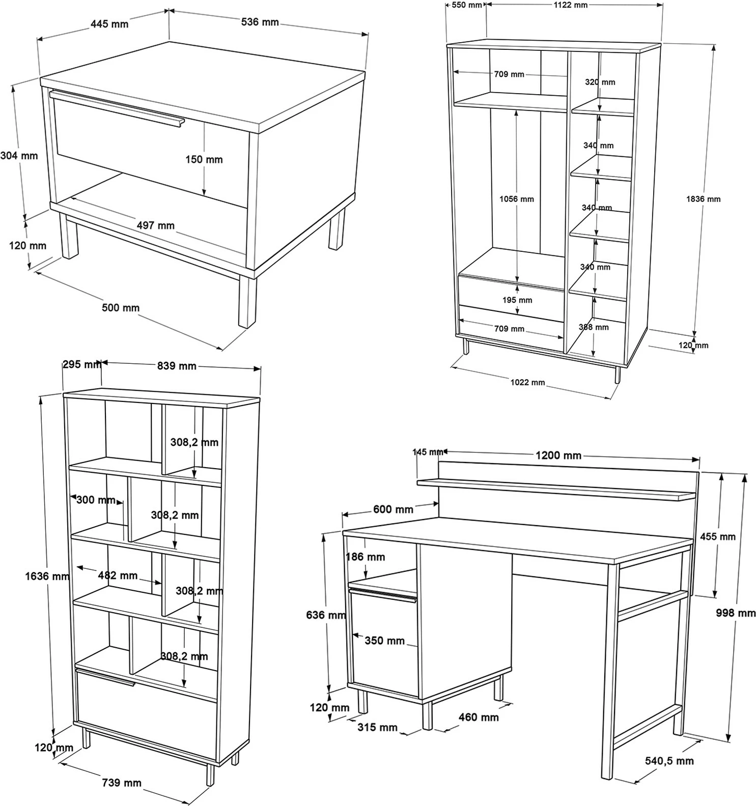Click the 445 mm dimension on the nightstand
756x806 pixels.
pos(109,24)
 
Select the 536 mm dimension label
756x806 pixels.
pos(260,22)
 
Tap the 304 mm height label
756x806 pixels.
pos(19,156)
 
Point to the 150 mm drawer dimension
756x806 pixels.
pos(204,159)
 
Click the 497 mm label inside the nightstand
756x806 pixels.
pos(156,225)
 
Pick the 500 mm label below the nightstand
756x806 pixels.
pos(121,307)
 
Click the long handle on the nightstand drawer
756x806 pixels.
pos(117,107)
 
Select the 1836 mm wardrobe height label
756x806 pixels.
pos(704,199)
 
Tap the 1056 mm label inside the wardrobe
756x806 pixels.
pos(517,199)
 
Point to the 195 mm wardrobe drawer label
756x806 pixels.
pos(517,300)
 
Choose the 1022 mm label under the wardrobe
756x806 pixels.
pos(528,382)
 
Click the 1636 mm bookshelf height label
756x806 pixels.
pos(47,576)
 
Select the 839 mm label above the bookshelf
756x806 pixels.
pos(177,365)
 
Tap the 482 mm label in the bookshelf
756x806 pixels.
pos(118,575)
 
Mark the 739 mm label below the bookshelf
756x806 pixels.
pos(122,783)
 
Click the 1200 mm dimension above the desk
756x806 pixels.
pos(558,455)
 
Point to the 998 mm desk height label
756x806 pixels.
pos(736,613)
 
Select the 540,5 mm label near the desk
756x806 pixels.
pos(669,761)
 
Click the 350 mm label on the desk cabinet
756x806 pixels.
pos(384,640)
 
